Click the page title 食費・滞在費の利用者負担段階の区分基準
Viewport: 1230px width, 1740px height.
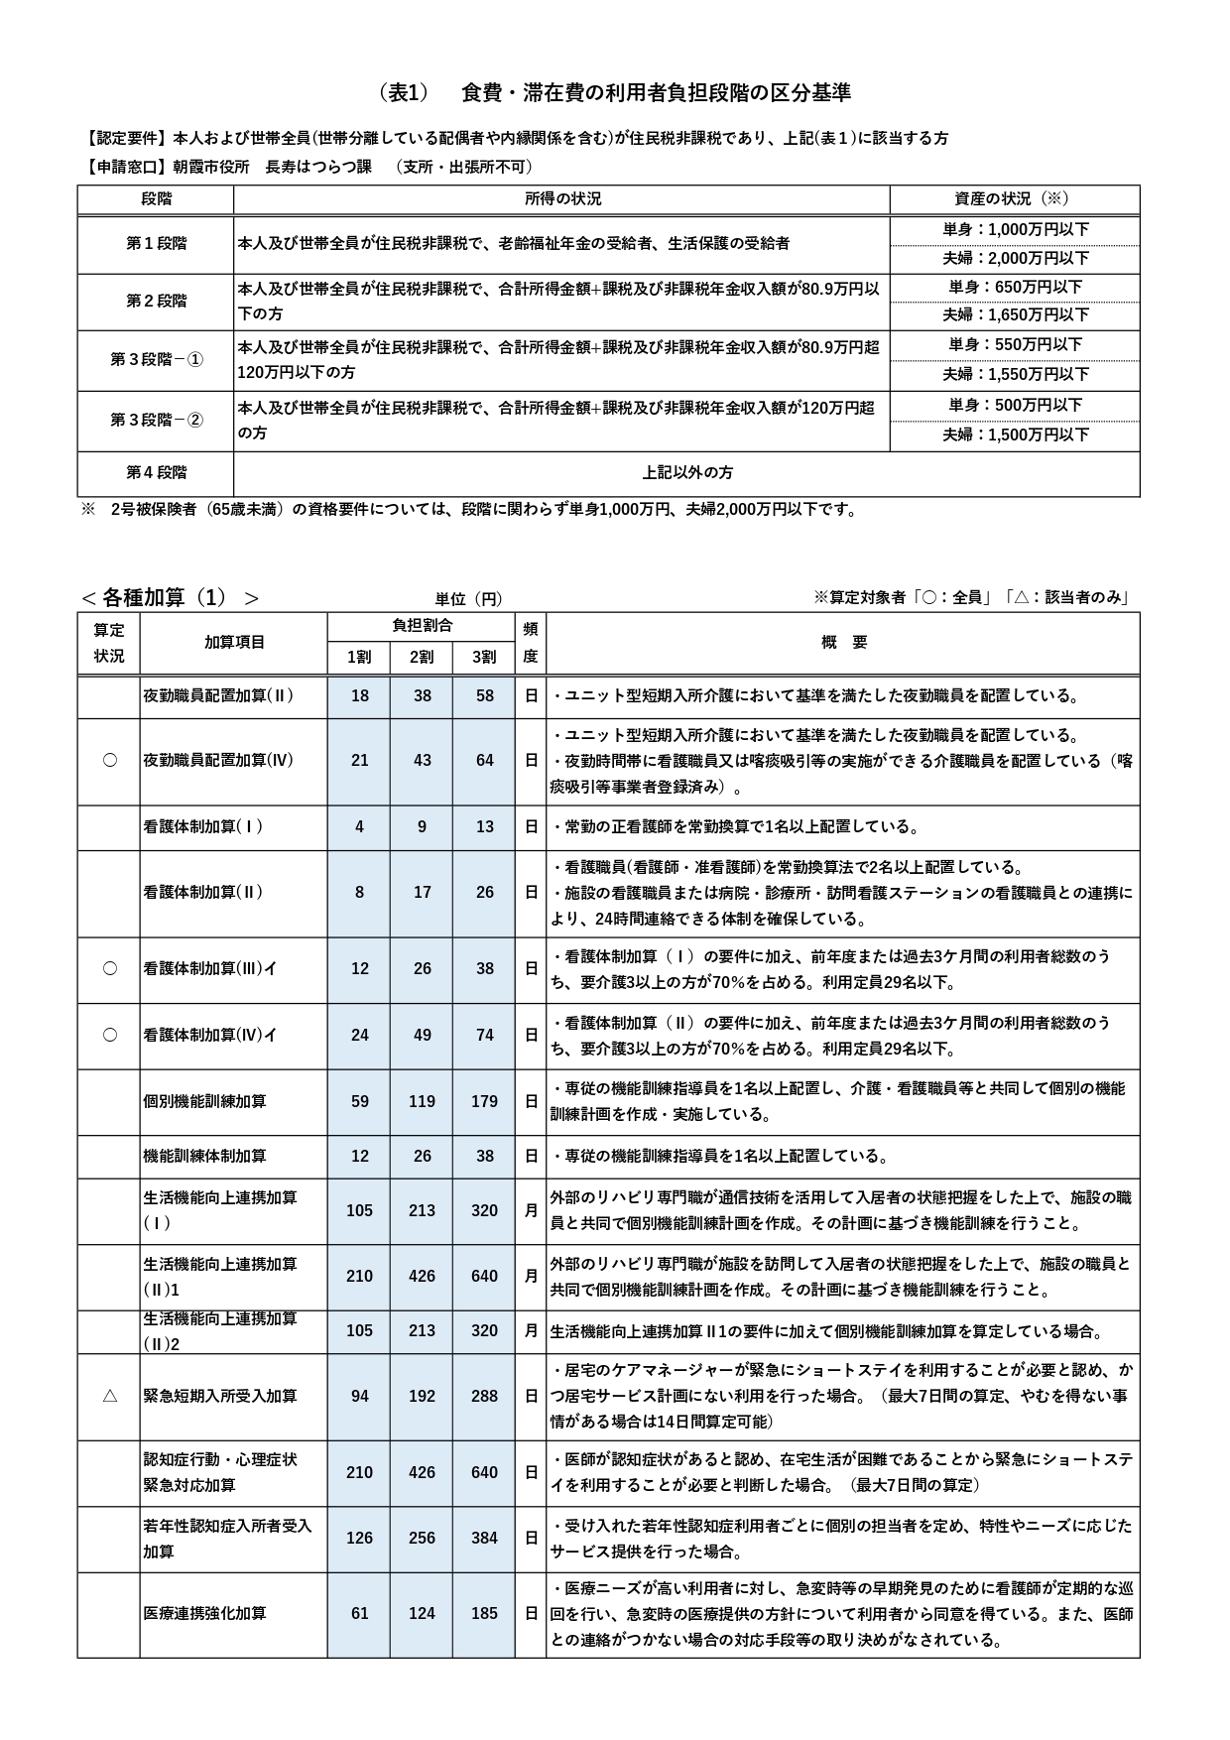coord(656,93)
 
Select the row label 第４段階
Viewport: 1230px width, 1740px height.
coord(156,473)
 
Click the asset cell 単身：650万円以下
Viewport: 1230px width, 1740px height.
coord(1015,288)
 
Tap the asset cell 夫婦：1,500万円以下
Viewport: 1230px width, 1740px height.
coord(1015,435)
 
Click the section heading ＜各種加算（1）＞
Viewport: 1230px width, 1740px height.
coord(170,597)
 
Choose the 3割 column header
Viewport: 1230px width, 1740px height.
coord(484,657)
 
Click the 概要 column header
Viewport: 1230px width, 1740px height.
coord(843,642)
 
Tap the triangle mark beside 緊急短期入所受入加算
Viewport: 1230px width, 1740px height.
coord(110,1396)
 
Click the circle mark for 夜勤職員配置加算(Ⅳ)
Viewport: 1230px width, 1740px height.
coord(110,760)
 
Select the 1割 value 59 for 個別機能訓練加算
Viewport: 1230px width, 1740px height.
coord(359,1101)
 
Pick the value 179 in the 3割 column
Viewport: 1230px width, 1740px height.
coord(484,1101)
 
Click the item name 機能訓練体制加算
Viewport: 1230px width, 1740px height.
coord(204,1156)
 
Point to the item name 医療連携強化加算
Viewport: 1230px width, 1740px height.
coord(204,1613)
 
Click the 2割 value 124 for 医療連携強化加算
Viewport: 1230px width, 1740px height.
coord(422,1613)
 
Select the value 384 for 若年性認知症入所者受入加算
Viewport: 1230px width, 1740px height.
coord(484,1538)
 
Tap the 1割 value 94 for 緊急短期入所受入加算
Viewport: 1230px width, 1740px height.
coord(359,1396)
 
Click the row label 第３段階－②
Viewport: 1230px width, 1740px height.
coord(156,421)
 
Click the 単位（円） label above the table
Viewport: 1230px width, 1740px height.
coord(468,599)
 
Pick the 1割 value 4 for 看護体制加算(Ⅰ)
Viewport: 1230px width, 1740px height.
coord(359,826)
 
